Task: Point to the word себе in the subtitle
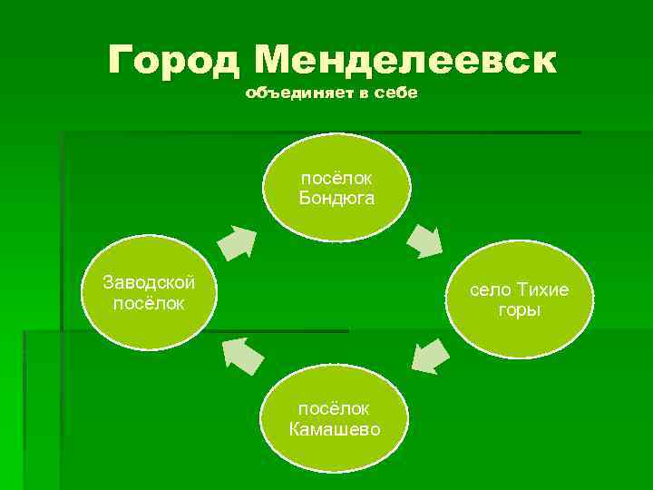click(396, 94)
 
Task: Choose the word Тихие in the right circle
click(542, 290)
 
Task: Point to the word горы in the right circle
click(519, 310)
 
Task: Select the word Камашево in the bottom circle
click(335, 428)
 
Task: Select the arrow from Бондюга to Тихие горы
click(423, 238)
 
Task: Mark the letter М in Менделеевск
click(275, 61)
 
